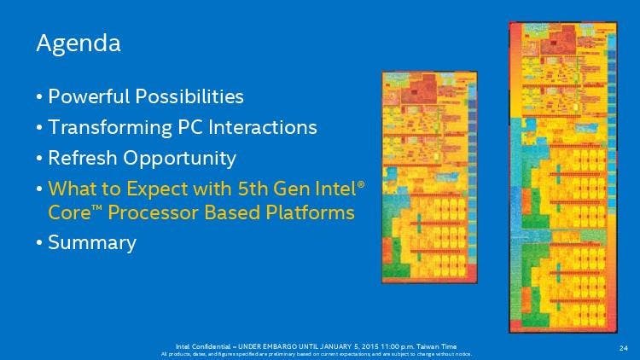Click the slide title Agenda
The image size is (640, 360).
tap(78, 43)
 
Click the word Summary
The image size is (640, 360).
tap(92, 242)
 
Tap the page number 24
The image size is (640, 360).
tap(623, 347)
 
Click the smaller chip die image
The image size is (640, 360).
tap(428, 177)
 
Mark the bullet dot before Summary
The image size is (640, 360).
tap(39, 242)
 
